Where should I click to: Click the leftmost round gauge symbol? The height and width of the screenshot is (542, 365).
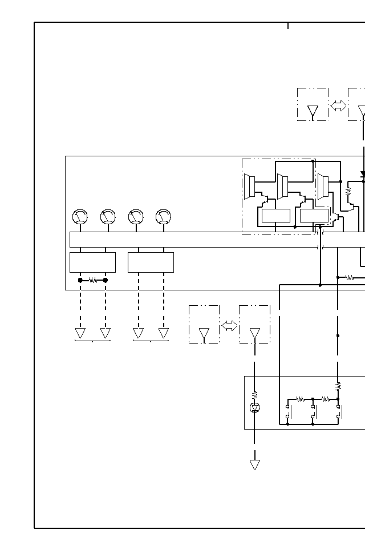point(80,217)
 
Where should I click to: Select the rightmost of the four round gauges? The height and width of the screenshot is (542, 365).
point(163,217)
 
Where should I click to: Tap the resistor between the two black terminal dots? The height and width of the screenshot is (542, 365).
point(93,280)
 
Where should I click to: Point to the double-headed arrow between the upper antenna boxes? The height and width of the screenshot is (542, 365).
point(338,106)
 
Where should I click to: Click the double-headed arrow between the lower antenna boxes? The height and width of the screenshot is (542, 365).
point(229,326)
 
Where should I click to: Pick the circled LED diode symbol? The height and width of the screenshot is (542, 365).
point(255,407)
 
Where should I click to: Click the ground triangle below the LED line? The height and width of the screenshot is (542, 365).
point(255,464)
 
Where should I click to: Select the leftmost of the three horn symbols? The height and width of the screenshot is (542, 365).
point(249,187)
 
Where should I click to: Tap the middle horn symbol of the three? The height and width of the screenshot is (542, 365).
point(282,187)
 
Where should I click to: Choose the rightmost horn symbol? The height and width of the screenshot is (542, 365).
point(323,187)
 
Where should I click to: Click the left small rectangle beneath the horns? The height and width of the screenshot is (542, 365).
point(275,216)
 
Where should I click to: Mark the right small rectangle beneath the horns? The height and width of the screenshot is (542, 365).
point(314,216)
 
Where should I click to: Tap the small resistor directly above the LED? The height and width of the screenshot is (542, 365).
point(255,394)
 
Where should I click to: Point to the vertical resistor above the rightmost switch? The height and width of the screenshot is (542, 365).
point(338,386)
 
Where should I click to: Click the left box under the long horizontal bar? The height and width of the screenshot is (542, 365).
point(92,262)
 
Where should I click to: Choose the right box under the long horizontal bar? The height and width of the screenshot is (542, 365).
point(151,262)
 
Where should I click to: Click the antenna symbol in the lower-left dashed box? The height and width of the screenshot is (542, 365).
point(204,333)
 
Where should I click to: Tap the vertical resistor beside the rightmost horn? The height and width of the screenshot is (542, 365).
point(348,192)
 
